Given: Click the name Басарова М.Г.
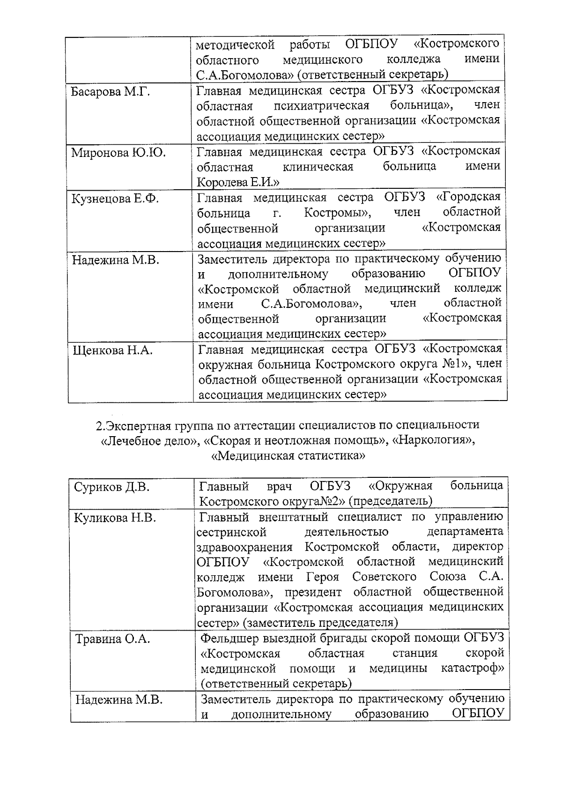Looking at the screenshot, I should (111, 91).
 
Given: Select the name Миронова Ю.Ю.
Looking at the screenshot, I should (118, 153).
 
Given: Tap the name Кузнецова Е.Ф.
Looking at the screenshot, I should (115, 199).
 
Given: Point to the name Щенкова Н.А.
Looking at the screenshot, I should (112, 350).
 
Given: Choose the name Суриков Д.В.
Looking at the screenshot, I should (112, 487).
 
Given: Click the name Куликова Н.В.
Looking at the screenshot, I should (115, 518).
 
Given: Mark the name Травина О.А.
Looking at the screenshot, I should (113, 639).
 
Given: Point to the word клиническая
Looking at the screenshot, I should (318, 167).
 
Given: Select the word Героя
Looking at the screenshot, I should (323, 577).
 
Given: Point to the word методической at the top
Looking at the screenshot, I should (235, 45).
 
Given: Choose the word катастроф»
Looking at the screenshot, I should (472, 669).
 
